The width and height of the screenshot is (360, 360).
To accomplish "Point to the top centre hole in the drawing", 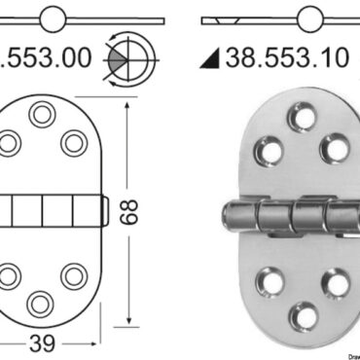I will pyautogui.click(x=41, y=115).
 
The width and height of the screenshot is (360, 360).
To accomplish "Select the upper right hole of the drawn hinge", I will pyautogui.click(x=74, y=143).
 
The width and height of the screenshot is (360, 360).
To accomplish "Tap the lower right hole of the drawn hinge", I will pyautogui.click(x=74, y=274).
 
